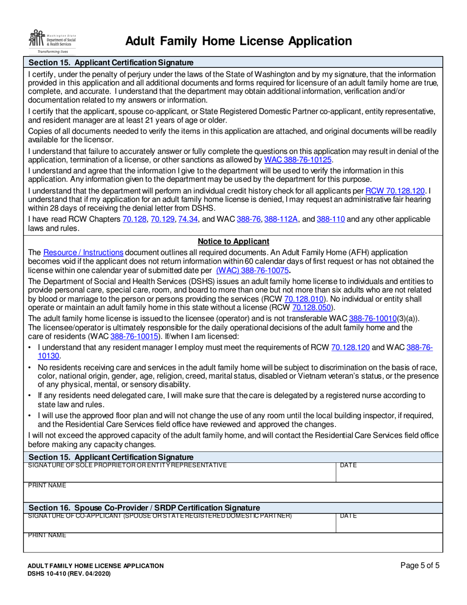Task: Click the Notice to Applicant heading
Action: [x=233, y=242]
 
